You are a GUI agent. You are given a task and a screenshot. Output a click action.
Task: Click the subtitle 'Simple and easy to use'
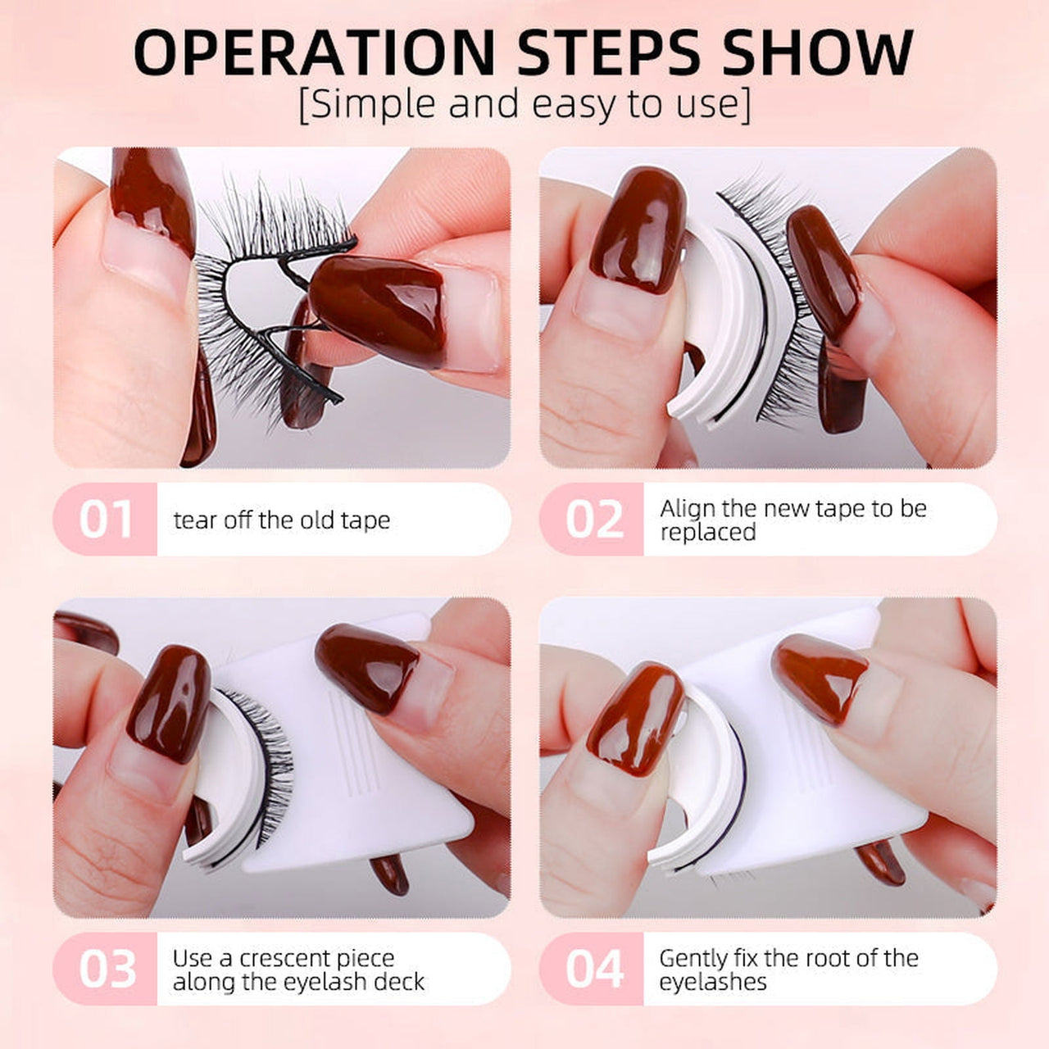click(524, 105)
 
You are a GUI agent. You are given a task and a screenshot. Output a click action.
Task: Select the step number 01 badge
click(106, 520)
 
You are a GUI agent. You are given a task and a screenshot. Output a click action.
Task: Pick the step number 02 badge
click(593, 520)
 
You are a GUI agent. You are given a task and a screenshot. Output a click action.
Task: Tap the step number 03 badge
click(106, 969)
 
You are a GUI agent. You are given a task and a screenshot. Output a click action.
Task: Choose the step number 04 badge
click(593, 969)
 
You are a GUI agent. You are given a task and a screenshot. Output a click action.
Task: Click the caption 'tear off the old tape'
click(281, 520)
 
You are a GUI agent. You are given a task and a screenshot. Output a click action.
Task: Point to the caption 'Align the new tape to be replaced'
click(792, 520)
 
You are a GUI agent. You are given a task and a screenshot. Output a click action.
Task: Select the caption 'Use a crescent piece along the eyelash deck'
click(298, 970)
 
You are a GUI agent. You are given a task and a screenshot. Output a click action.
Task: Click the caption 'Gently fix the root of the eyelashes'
click(788, 970)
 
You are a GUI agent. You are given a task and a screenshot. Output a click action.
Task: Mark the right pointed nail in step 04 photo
click(820, 676)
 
